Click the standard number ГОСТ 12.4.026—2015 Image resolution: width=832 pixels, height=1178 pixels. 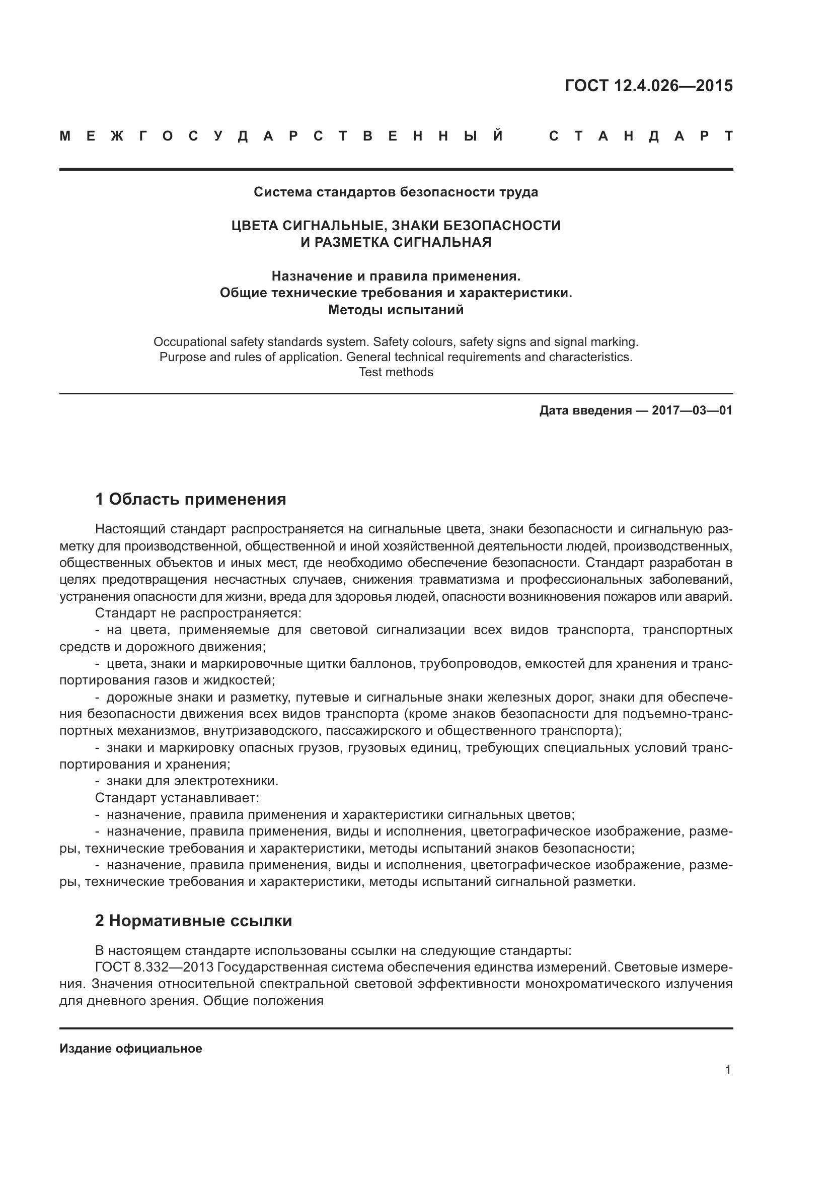click(648, 86)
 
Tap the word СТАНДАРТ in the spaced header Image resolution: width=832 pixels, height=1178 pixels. click(641, 136)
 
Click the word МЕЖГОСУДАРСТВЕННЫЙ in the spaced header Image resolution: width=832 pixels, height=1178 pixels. click(282, 136)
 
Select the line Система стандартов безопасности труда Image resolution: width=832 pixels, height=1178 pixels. click(396, 192)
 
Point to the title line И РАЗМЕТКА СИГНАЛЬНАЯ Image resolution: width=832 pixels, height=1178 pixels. click(396, 242)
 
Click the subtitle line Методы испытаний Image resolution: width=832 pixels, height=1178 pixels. click(396, 310)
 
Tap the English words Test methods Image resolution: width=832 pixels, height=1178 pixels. click(396, 372)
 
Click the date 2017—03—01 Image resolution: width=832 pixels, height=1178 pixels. click(692, 410)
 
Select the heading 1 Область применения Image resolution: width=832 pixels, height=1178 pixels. click(190, 499)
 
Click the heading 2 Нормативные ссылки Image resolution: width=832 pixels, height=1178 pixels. click(193, 921)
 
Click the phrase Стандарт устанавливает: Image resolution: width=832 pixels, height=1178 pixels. click(177, 798)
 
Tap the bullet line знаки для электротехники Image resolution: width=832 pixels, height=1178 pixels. click(192, 781)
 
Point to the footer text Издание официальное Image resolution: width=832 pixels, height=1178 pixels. click(131, 1049)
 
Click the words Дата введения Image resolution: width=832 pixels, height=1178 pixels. click(585, 410)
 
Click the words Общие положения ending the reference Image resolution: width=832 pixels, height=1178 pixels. click(263, 1001)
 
